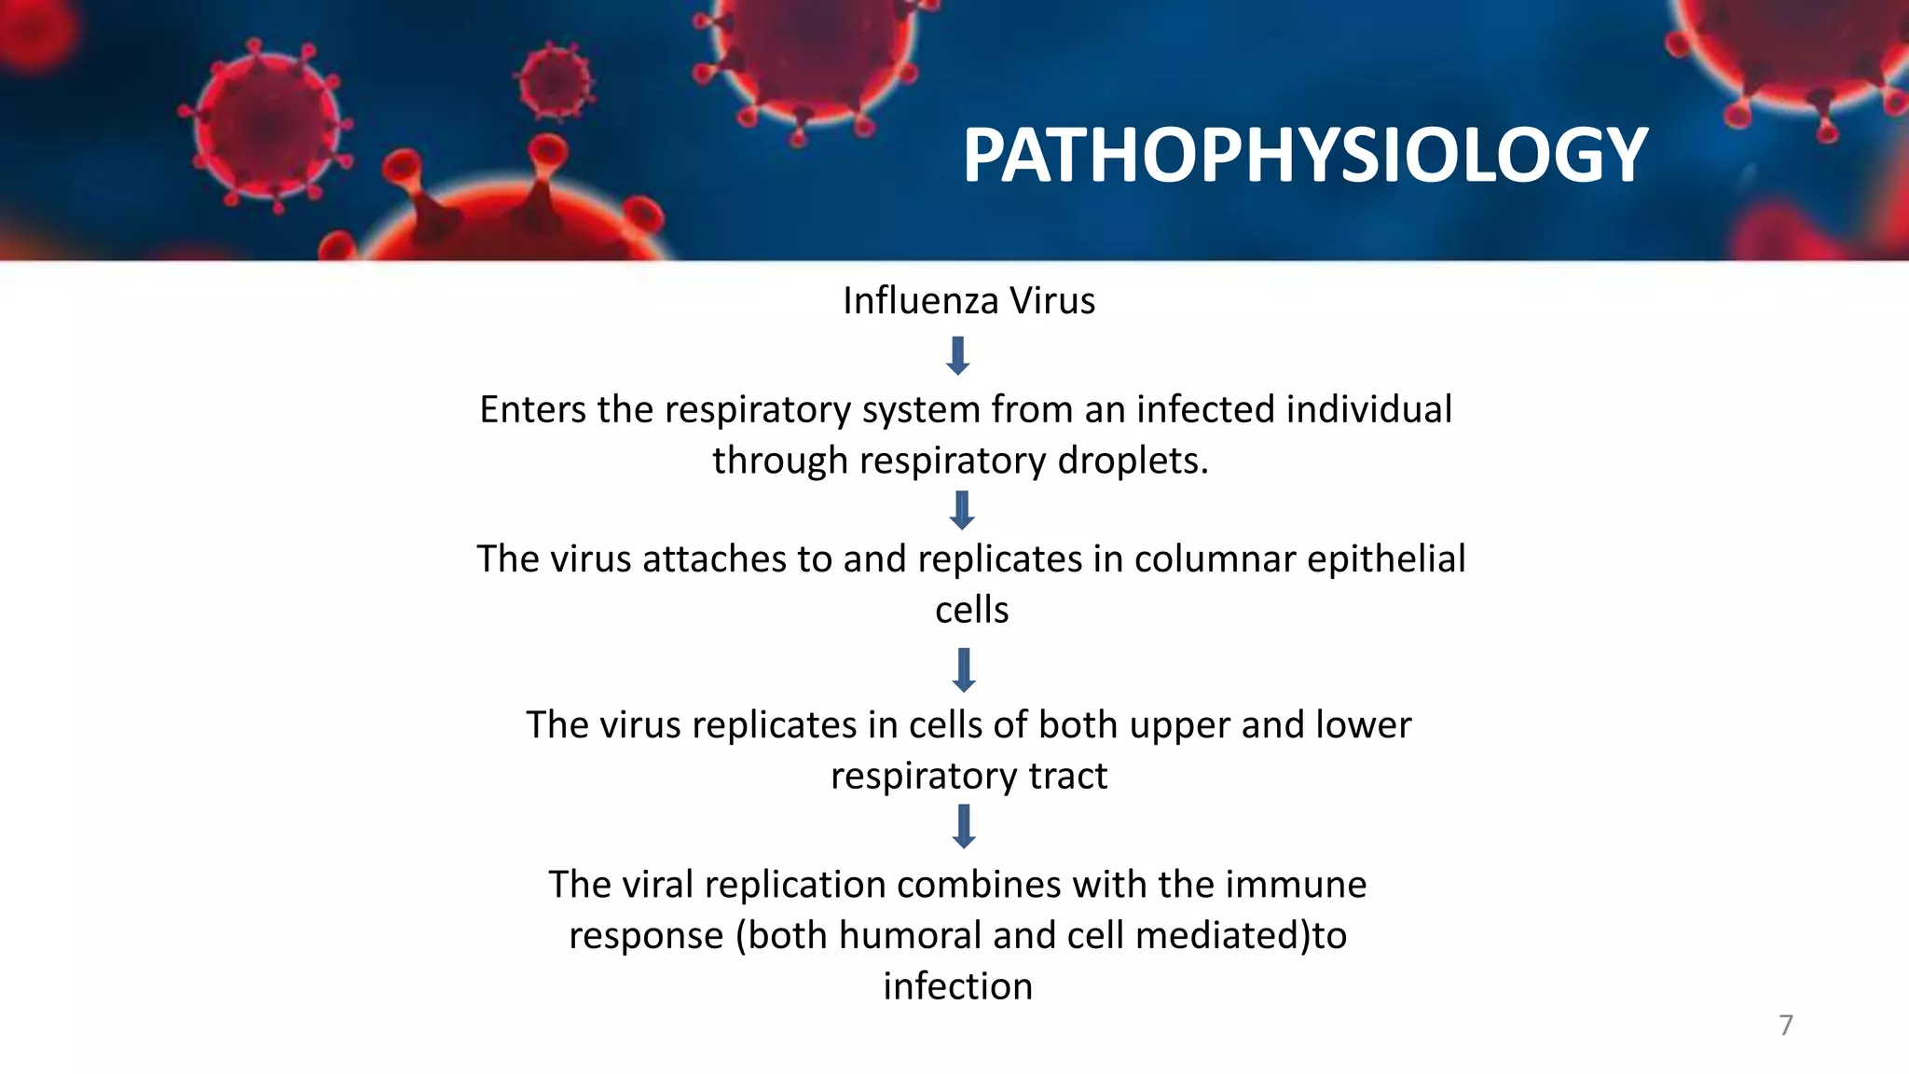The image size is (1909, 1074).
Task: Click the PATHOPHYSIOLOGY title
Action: (x=1305, y=155)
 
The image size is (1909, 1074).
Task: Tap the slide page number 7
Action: (x=1785, y=1025)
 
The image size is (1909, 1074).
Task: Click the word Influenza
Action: (x=921, y=301)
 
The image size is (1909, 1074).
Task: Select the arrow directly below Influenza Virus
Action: (x=957, y=356)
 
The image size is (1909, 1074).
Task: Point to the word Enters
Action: (x=533, y=409)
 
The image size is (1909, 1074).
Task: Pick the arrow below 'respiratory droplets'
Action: (x=961, y=511)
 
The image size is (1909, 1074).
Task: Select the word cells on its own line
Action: (x=971, y=611)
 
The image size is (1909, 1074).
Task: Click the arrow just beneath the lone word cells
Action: (x=964, y=670)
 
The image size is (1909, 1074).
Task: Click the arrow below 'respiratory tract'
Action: (x=964, y=827)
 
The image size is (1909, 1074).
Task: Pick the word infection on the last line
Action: (x=957, y=986)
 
